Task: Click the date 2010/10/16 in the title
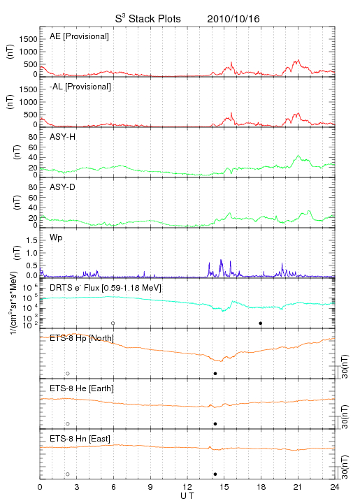233,19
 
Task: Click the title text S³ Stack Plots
148,19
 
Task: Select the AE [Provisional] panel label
79,36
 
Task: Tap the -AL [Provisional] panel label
80,87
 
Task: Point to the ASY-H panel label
63,137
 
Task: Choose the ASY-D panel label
63,187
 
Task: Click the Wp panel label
56,238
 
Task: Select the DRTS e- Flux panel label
106,288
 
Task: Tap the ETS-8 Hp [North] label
82,338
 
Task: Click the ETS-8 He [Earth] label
82,388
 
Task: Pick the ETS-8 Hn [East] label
80,439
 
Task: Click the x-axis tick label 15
224,487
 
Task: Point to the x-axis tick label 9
150,487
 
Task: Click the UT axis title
187,496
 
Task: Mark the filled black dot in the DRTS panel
261,323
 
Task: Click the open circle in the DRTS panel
113,323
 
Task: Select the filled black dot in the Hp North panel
215,373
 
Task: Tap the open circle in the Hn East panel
68,474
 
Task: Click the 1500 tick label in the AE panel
28,39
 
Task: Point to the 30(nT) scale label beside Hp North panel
345,367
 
